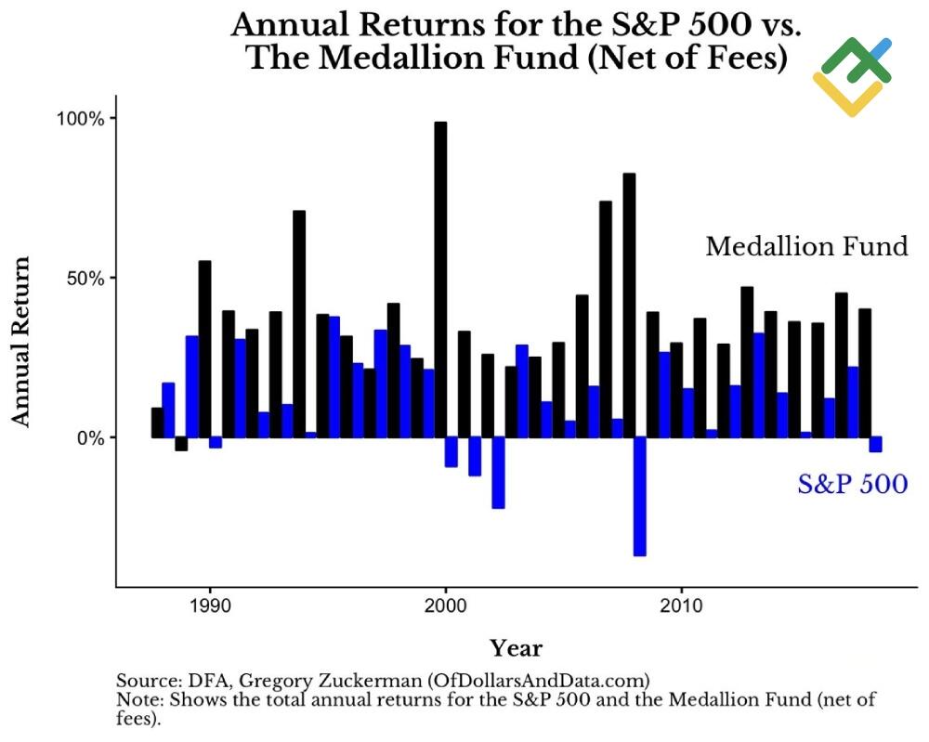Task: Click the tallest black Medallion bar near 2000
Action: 440,279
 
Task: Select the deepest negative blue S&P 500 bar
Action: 639,497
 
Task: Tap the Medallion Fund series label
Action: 806,246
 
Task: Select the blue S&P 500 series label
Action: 852,484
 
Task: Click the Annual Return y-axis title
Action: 21,341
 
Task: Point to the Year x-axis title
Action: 516,648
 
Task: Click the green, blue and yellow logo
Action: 853,76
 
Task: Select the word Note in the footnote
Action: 136,698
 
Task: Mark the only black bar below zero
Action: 181,444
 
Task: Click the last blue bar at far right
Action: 875,444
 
